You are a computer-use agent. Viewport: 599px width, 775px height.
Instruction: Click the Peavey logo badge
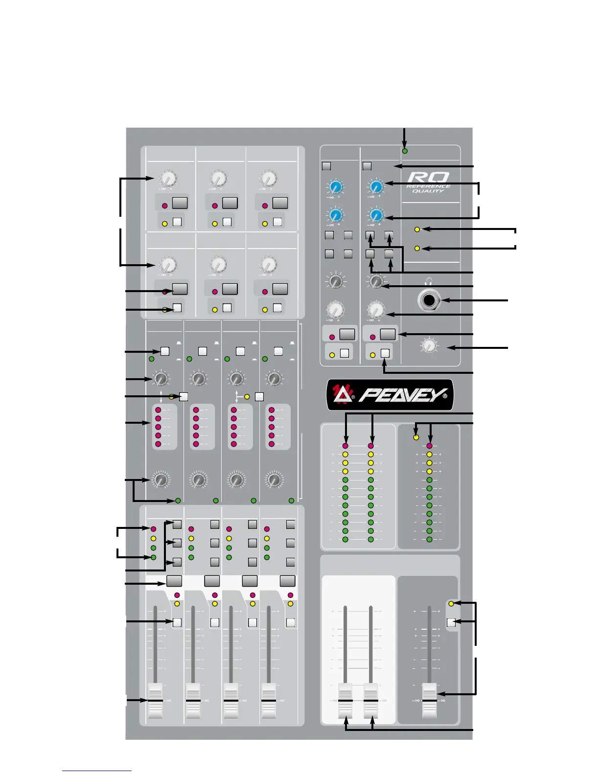[390, 395]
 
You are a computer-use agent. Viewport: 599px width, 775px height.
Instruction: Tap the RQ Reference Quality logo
[428, 182]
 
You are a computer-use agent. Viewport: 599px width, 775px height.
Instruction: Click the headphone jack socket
[429, 300]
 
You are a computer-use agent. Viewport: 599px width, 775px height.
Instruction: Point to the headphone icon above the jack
[429, 282]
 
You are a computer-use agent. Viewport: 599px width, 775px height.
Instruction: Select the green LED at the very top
[405, 151]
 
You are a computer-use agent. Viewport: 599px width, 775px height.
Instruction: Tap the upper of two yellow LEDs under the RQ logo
[417, 229]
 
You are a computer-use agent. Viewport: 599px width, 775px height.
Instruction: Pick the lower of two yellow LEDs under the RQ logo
[417, 249]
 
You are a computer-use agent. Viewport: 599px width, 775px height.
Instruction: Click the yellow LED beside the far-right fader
[451, 604]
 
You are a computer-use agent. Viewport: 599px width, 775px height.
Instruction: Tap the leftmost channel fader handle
[155, 701]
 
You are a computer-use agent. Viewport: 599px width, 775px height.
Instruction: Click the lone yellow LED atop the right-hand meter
[416, 437]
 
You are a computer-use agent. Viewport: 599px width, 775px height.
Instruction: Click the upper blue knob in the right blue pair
[376, 186]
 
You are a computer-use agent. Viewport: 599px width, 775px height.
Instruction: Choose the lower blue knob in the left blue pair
[335, 215]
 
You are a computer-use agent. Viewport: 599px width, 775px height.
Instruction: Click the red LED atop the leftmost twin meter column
[346, 446]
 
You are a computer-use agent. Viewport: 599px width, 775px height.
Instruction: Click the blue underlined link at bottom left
[96, 771]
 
